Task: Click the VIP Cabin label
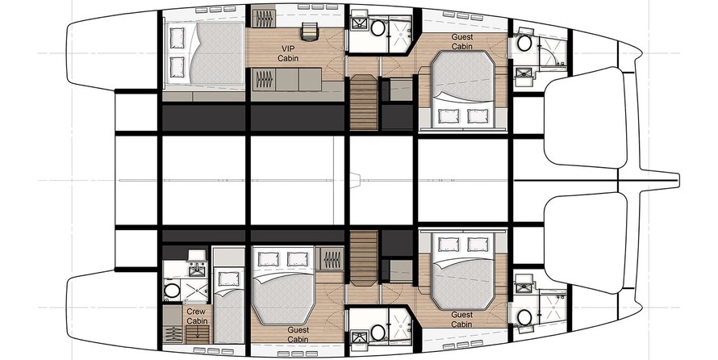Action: click(x=288, y=53)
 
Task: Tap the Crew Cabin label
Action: click(x=197, y=316)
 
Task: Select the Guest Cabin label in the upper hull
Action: click(x=462, y=41)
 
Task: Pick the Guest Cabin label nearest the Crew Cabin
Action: click(x=298, y=334)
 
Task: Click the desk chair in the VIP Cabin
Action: click(x=311, y=31)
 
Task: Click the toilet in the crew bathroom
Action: click(x=172, y=291)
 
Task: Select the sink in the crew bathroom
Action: click(x=197, y=270)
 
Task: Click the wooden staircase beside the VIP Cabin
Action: click(x=364, y=102)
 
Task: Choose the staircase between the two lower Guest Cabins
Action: click(x=364, y=257)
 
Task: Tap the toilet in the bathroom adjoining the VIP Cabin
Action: click(x=378, y=28)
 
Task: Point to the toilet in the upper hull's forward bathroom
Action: click(x=524, y=44)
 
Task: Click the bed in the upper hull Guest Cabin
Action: click(x=462, y=88)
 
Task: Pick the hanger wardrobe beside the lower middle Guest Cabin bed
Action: click(x=331, y=260)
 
